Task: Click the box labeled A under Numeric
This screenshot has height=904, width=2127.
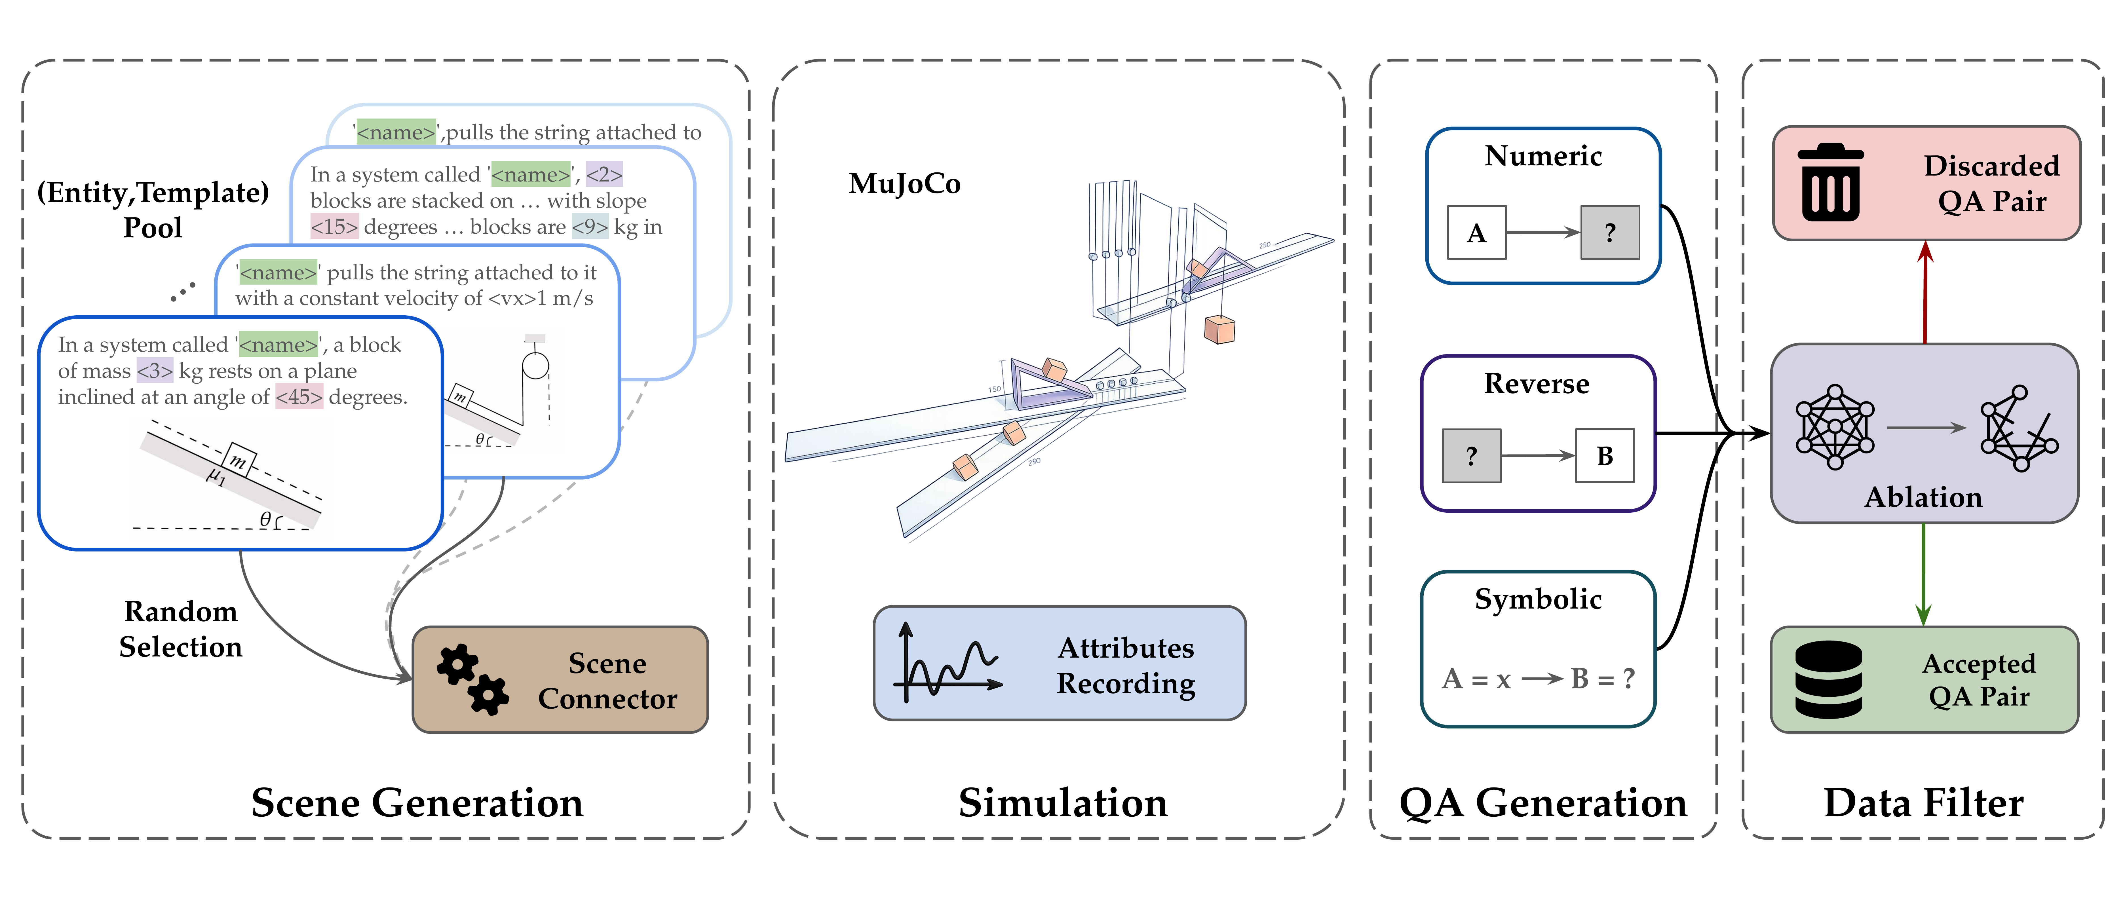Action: [x=1476, y=233]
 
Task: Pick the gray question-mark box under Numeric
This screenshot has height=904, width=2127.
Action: [x=1609, y=233]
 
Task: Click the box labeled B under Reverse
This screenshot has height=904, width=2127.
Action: [x=1604, y=456]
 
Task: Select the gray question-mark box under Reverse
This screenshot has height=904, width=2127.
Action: [x=1470, y=456]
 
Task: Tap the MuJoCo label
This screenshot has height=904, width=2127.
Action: [x=904, y=183]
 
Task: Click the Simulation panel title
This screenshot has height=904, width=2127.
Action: [x=1063, y=802]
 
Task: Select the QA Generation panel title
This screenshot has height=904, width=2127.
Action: [x=1543, y=802]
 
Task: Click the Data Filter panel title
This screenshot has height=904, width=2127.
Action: [x=1923, y=802]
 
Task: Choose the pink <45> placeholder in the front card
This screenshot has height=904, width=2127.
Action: [x=299, y=397]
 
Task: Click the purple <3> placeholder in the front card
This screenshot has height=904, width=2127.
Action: [x=154, y=371]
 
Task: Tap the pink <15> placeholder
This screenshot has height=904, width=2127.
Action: [x=334, y=227]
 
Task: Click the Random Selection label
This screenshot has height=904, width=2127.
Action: [x=181, y=629]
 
